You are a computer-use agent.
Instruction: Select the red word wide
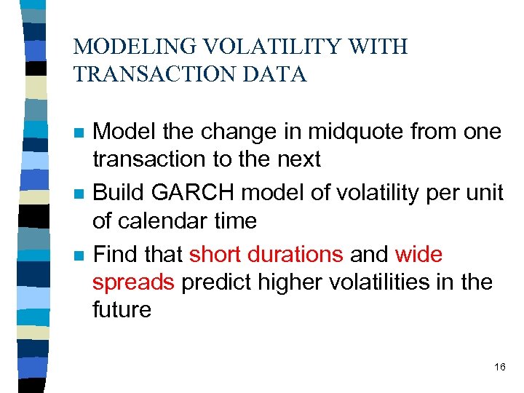click(418, 255)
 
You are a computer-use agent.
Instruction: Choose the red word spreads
click(133, 282)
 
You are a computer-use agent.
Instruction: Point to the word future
click(122, 309)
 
